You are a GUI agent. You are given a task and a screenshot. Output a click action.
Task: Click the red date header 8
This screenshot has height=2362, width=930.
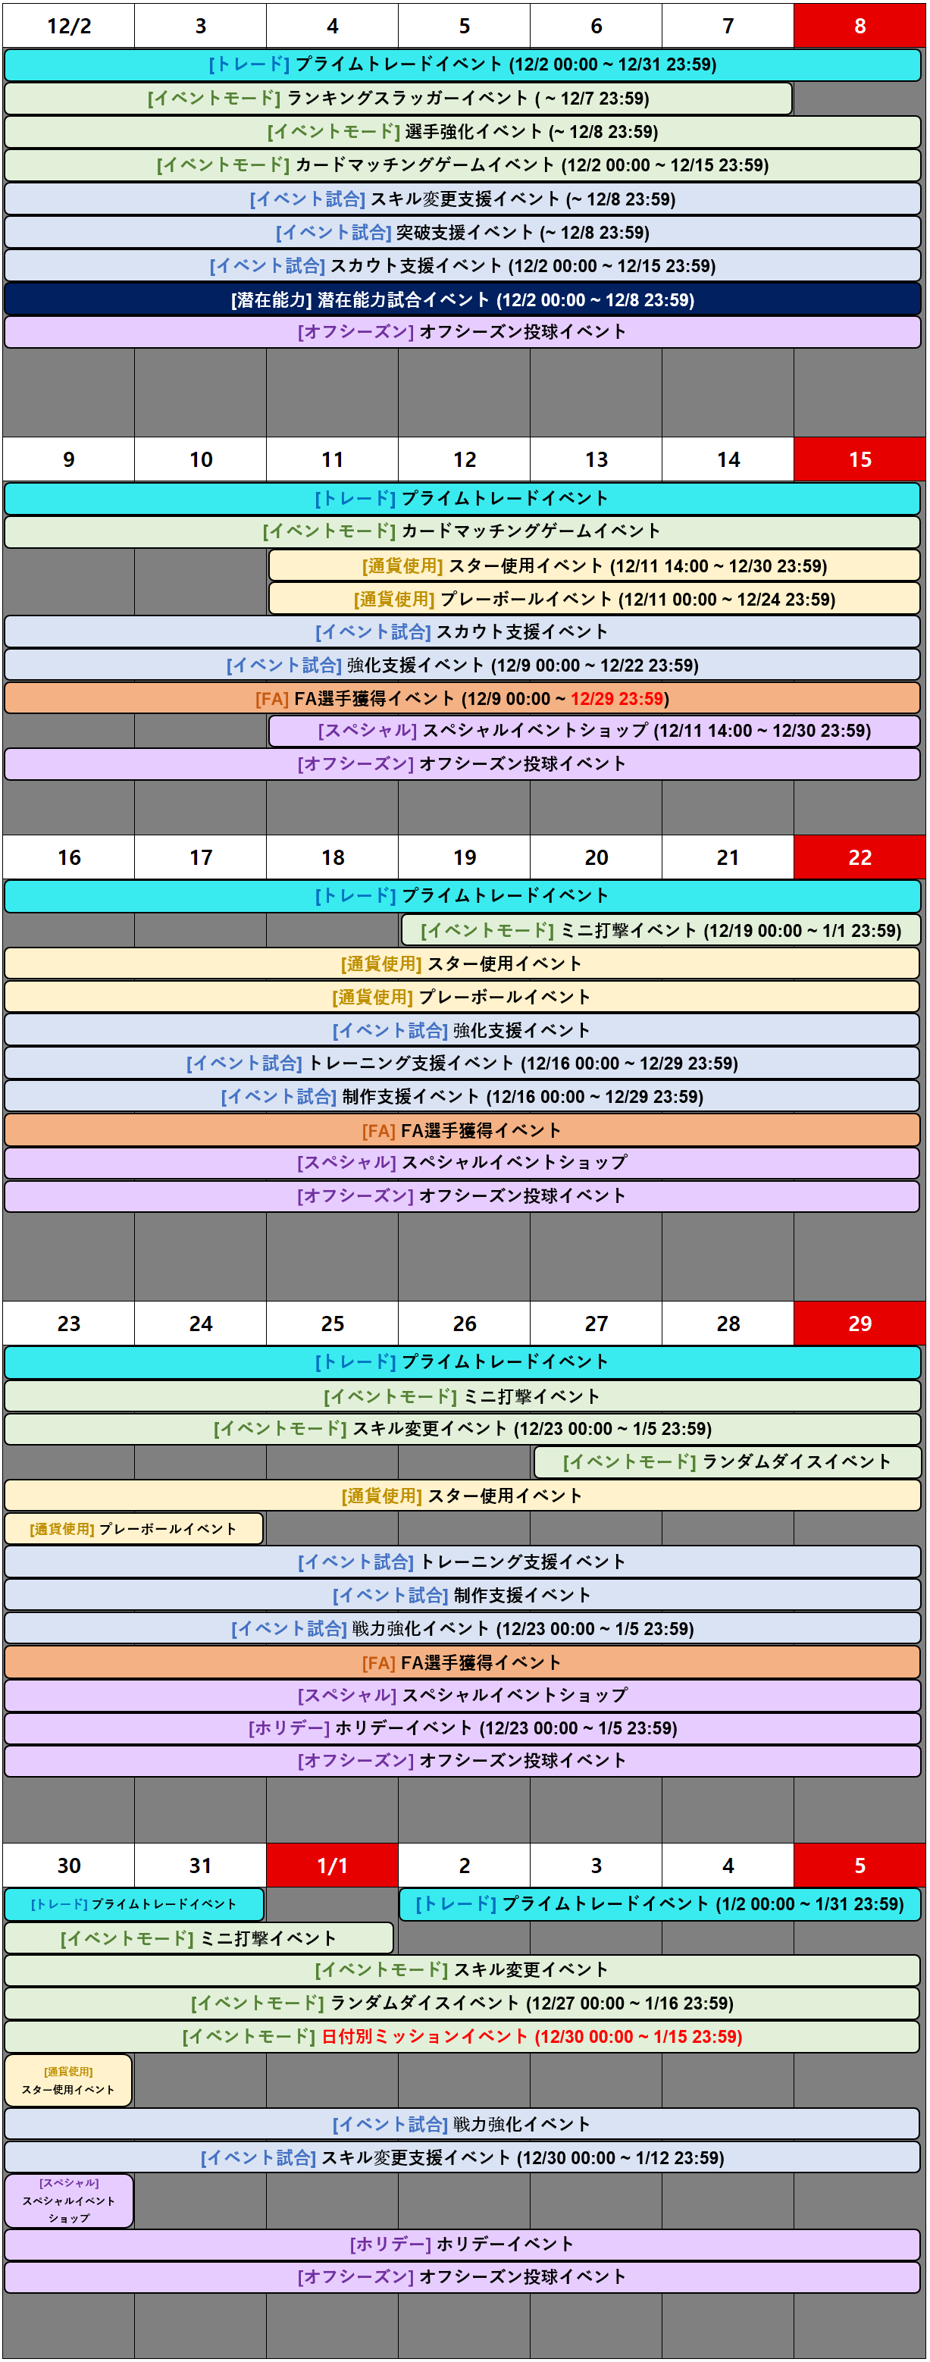[860, 26]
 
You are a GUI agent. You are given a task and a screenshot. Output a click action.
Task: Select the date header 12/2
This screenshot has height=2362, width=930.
[69, 26]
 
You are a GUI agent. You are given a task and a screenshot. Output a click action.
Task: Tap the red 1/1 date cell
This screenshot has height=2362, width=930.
[332, 1865]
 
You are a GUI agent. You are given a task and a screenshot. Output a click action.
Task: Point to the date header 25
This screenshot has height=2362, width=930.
[332, 1323]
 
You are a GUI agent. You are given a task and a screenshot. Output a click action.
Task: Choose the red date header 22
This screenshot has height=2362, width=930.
[860, 857]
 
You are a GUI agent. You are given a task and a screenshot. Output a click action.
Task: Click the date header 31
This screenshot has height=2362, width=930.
[200, 1865]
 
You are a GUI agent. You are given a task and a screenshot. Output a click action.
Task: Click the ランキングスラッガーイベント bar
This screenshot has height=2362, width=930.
[398, 98]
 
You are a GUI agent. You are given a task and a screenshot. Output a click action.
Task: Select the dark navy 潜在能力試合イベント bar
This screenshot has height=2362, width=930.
[462, 300]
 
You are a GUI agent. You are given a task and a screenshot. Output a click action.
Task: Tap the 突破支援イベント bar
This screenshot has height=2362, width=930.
[462, 233]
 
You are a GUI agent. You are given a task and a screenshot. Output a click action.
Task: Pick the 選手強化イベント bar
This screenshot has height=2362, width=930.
[462, 132]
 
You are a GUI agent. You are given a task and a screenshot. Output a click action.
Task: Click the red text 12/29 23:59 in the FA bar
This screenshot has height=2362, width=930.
[616, 699]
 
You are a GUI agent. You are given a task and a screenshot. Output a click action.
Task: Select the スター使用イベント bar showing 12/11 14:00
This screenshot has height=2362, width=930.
[594, 565]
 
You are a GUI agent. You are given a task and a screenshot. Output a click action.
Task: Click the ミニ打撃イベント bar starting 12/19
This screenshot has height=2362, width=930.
[660, 931]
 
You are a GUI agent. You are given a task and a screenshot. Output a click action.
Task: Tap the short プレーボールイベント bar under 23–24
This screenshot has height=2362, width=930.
[134, 1528]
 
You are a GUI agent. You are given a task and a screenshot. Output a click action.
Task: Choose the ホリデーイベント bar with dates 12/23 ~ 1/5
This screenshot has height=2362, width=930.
[462, 1728]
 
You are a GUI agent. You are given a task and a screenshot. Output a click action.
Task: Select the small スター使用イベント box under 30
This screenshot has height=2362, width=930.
[69, 2081]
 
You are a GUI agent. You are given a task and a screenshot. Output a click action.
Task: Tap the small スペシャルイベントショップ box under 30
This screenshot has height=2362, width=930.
[69, 2201]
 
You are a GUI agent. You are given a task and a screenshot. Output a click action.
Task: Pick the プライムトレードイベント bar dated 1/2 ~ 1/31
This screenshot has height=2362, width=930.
[659, 1903]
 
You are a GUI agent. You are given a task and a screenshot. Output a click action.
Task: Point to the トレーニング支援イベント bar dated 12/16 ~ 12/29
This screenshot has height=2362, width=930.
[462, 1063]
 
